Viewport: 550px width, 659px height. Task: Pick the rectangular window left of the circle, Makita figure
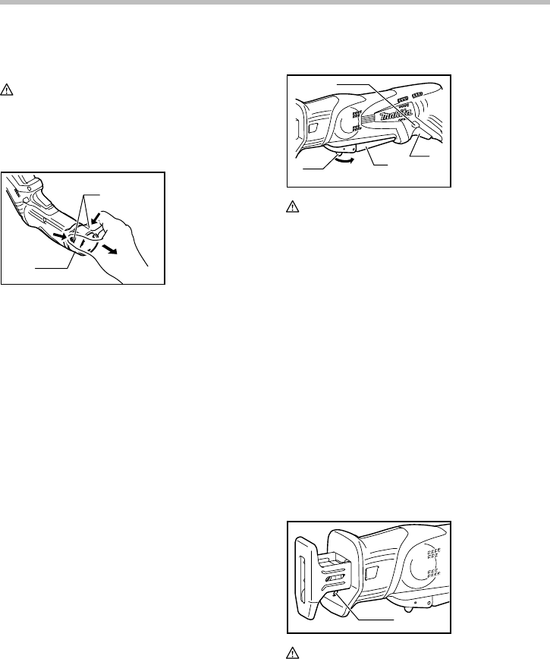pos(312,129)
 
